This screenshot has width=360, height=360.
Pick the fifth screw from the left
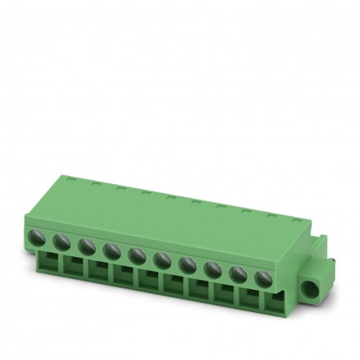137,254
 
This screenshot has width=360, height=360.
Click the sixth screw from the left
162,259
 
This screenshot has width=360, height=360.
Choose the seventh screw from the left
187,263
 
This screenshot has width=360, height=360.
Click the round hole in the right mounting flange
316,277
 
